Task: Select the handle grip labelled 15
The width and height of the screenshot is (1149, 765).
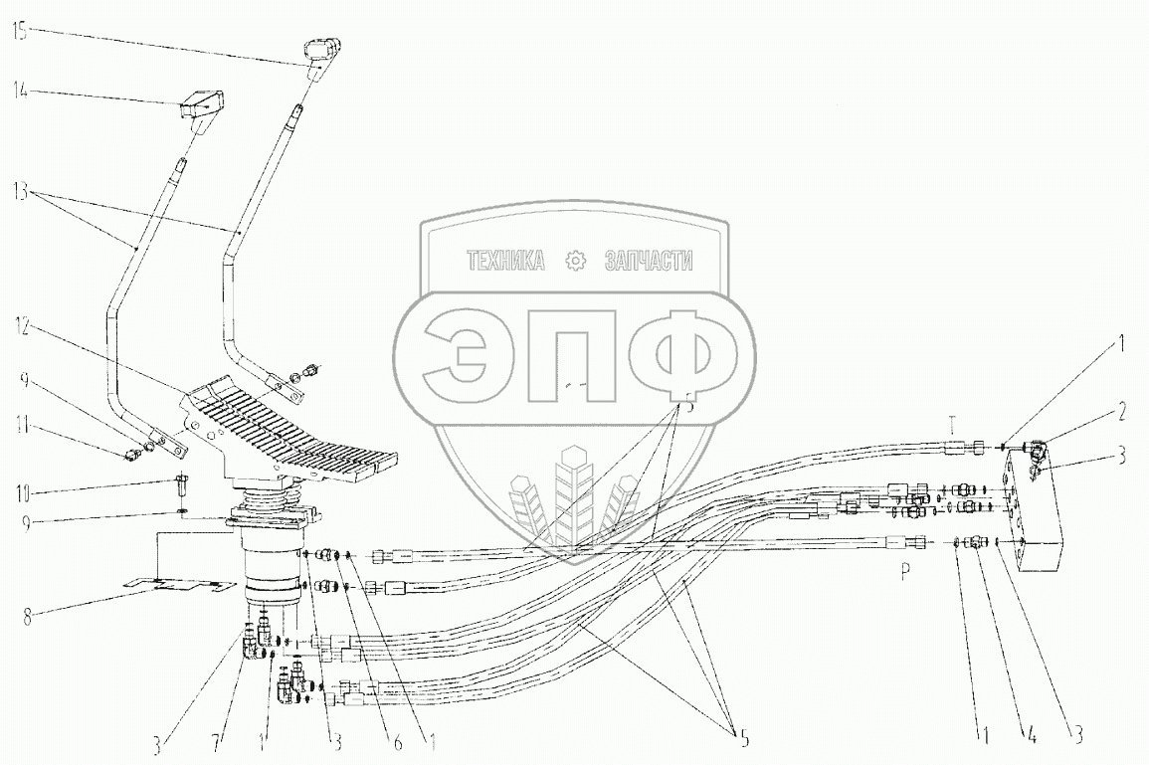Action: click(x=320, y=49)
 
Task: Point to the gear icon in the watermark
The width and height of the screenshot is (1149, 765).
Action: click(x=574, y=262)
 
